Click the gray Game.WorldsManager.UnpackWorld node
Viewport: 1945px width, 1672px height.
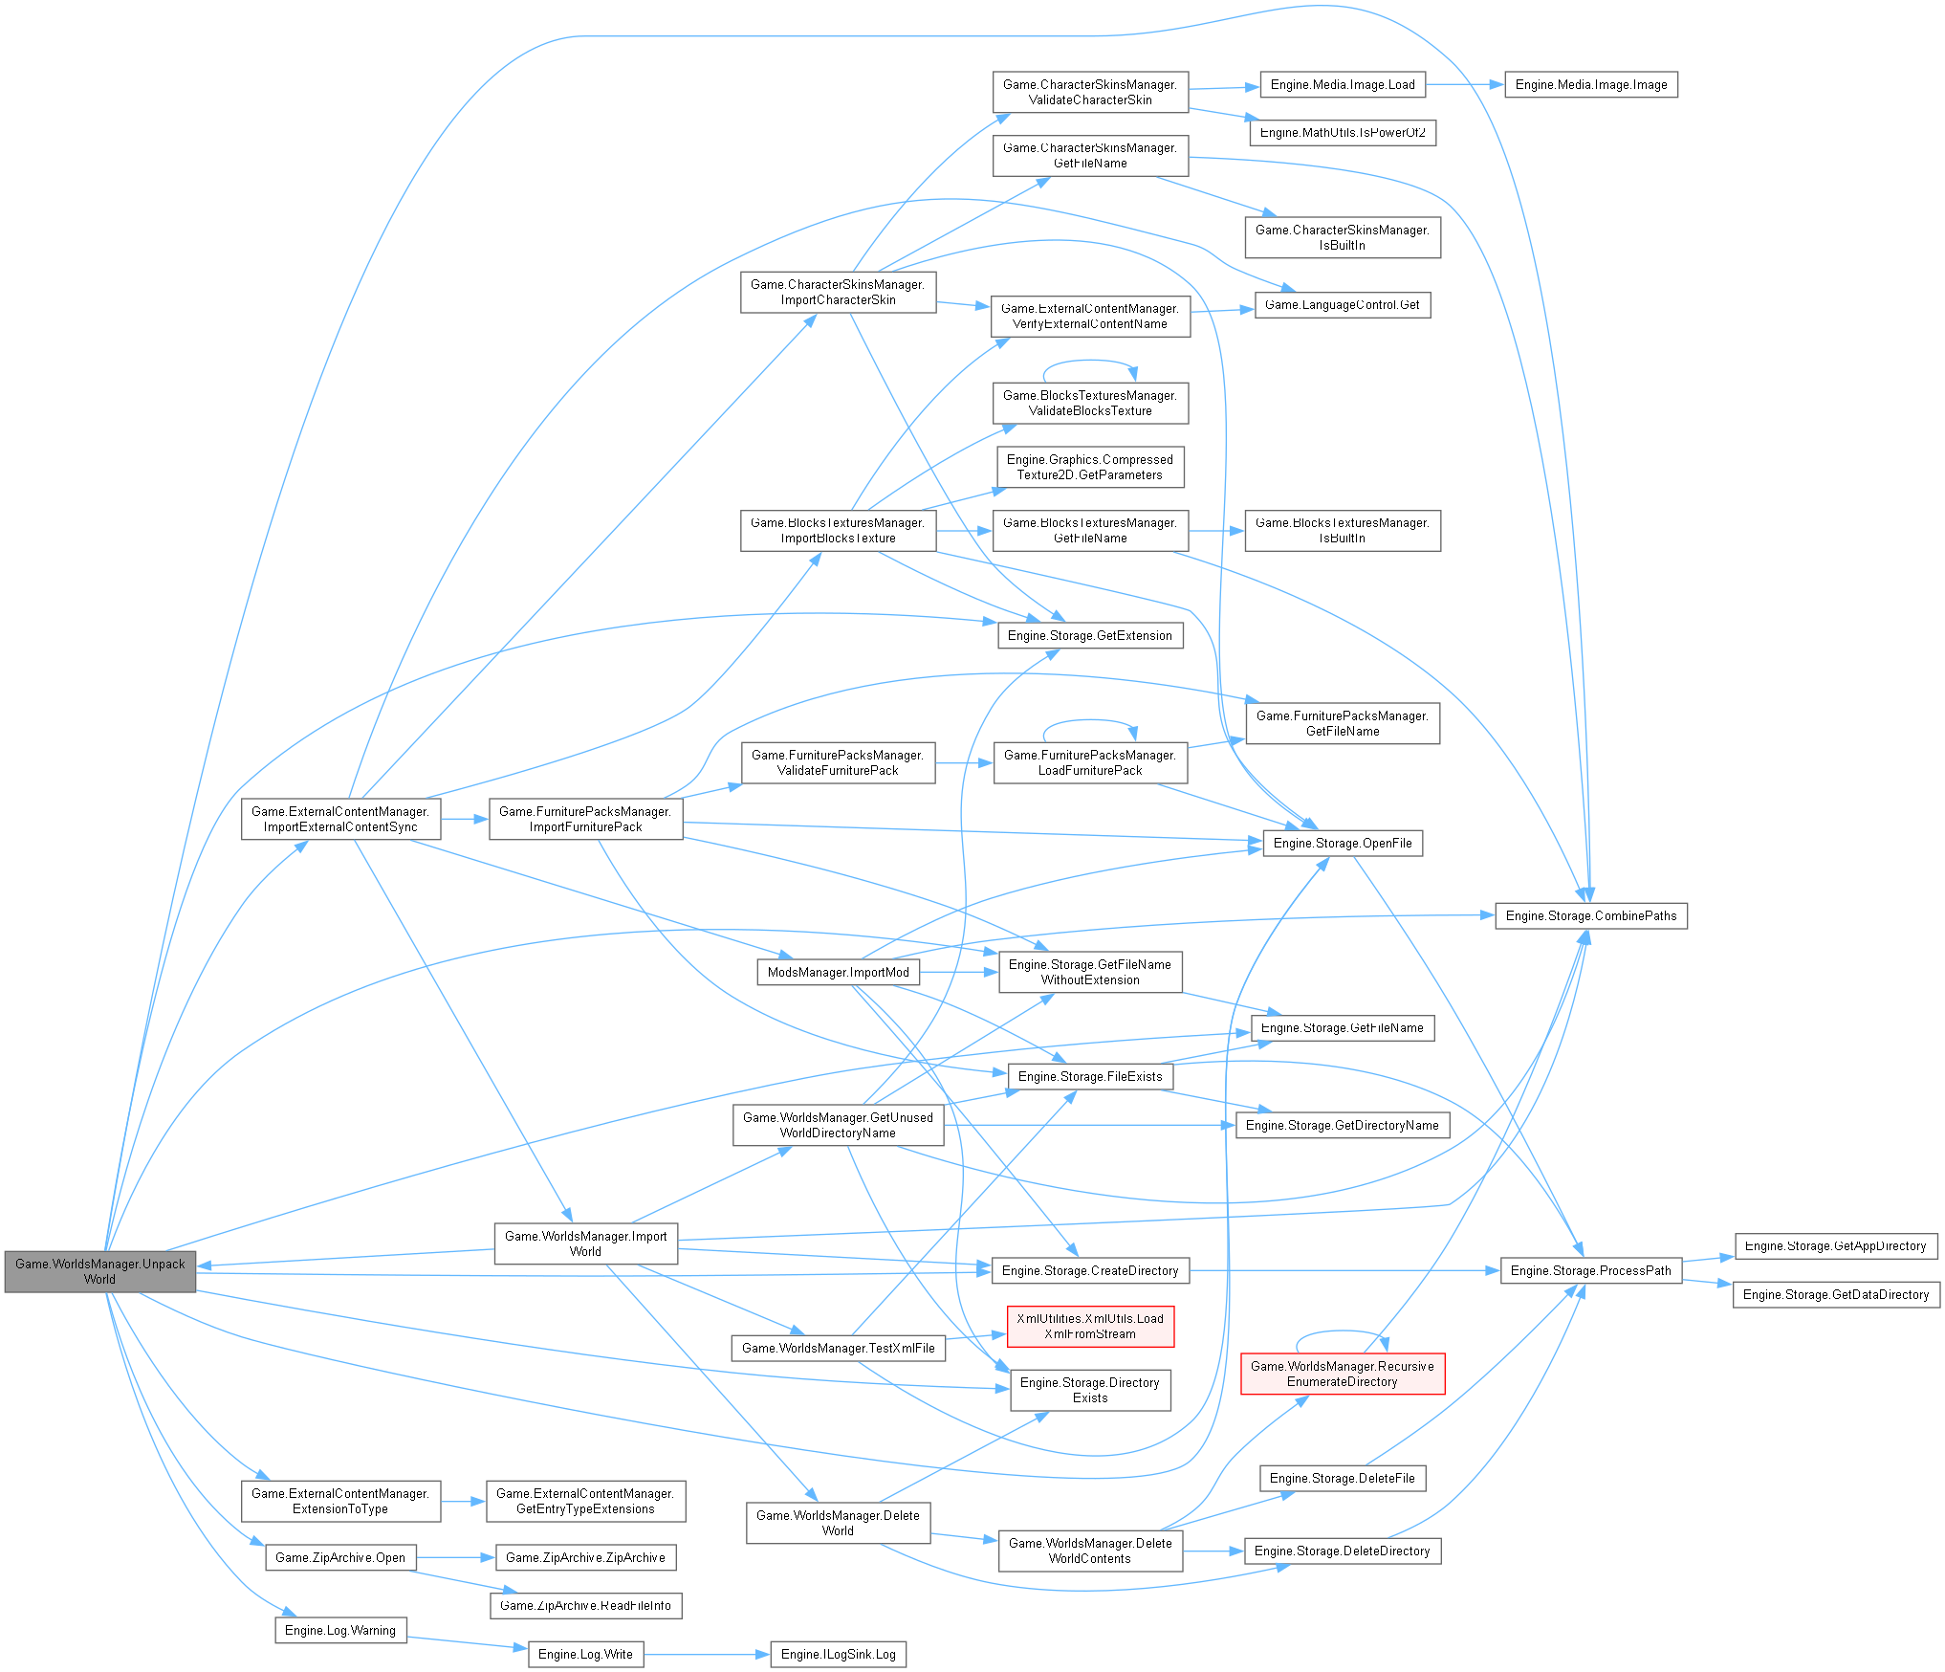(99, 1271)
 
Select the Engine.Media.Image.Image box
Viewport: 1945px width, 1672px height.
(1590, 85)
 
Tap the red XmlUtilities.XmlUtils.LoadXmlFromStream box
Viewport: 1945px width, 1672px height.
(1090, 1326)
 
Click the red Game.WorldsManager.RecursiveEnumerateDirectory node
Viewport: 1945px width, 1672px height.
(1342, 1374)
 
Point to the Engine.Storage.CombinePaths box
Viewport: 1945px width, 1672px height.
(1590, 916)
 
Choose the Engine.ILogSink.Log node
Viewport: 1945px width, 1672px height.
(838, 1654)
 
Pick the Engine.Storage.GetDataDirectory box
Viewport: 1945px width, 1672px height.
(1835, 1295)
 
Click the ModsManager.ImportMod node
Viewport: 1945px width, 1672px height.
(838, 973)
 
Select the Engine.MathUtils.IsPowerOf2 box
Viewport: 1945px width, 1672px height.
(1342, 133)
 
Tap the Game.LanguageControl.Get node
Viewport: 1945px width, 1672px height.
(1342, 305)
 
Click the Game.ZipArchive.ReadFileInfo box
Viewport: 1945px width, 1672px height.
(585, 1606)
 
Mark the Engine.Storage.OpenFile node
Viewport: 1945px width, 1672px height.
(1342, 844)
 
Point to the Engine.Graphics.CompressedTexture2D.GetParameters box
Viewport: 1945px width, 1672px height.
(1090, 468)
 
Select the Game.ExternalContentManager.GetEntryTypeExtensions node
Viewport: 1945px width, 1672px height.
(585, 1501)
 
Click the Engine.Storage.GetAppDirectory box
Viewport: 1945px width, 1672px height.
(1835, 1246)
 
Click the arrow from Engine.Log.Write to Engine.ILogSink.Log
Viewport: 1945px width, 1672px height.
(708, 1654)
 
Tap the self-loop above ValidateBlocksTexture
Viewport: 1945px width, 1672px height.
(1089, 362)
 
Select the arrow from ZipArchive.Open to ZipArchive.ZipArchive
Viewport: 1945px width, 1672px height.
(455, 1558)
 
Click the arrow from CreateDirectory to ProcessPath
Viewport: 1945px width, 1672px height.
(1344, 1271)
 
